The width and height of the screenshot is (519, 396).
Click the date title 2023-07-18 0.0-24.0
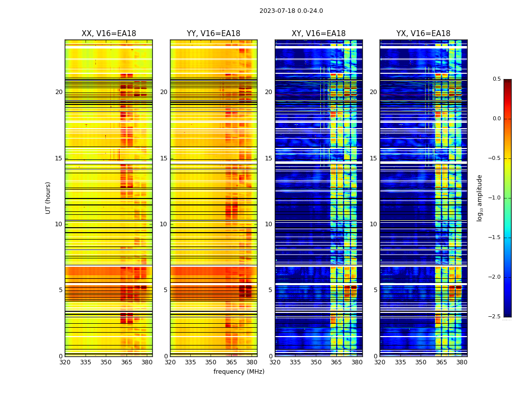(x=291, y=11)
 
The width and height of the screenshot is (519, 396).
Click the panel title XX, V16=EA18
(x=109, y=34)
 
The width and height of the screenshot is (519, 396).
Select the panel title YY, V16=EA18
(x=214, y=34)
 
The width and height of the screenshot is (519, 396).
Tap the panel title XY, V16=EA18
(x=318, y=34)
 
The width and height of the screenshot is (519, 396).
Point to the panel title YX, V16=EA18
(x=423, y=34)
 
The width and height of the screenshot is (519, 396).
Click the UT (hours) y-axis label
(x=48, y=198)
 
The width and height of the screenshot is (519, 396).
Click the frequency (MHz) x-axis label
(x=239, y=372)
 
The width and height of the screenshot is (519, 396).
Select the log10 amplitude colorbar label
(x=479, y=198)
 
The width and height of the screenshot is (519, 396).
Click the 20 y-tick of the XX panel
(x=59, y=92)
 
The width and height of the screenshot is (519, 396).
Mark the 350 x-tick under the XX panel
(x=106, y=362)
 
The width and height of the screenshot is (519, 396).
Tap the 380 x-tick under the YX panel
(x=462, y=362)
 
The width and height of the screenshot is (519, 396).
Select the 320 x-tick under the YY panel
(x=170, y=362)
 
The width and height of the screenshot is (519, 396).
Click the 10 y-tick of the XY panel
(x=268, y=224)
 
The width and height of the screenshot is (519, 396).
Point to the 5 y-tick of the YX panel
(x=375, y=290)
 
